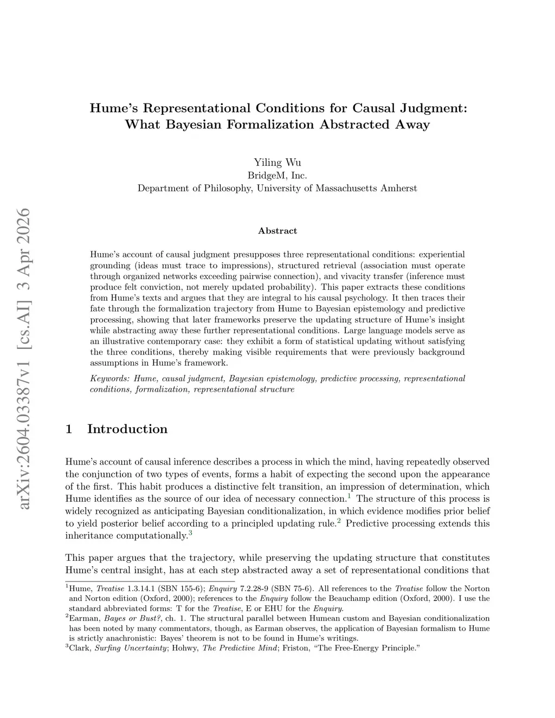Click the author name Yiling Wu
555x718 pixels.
(277, 163)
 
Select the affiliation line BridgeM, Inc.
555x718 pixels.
(277, 176)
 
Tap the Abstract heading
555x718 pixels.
(277, 231)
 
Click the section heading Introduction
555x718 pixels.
(127, 429)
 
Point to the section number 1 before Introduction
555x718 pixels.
(69, 429)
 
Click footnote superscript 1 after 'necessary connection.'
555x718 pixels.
(349, 496)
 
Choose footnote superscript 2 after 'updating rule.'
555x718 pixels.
(338, 521)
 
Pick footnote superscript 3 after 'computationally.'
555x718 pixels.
(191, 533)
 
